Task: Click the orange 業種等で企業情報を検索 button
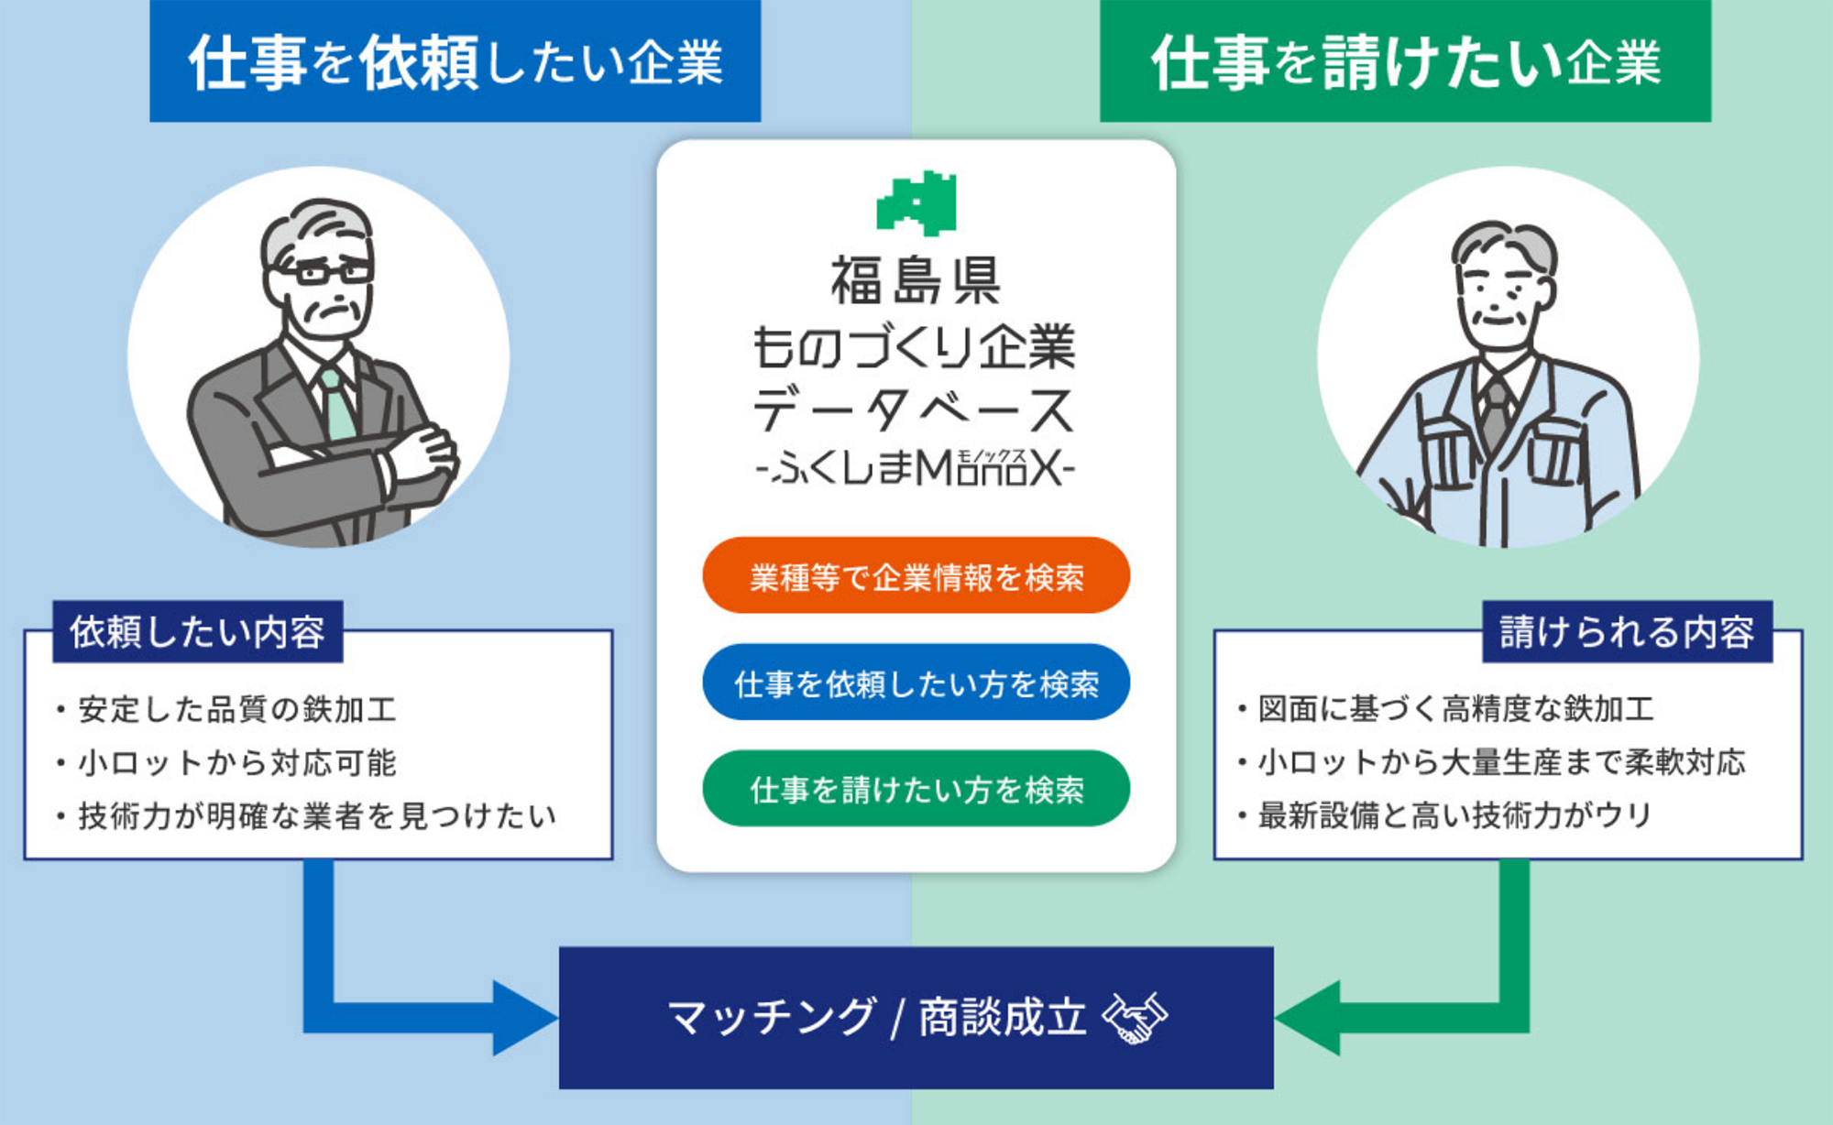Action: (916, 575)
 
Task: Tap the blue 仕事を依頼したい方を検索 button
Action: (916, 683)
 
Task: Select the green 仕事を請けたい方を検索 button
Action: (916, 789)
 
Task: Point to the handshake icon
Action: (1135, 1018)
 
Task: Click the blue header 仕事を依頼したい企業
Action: (456, 61)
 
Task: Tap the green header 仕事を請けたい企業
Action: (1405, 61)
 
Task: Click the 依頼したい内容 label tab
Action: (198, 631)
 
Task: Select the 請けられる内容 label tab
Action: (1627, 631)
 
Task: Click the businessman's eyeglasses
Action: (320, 271)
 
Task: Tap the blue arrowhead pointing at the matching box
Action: (524, 1018)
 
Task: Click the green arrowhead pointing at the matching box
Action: (1308, 1018)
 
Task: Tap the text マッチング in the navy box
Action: (771, 1017)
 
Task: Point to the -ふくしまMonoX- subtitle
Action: (916, 468)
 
